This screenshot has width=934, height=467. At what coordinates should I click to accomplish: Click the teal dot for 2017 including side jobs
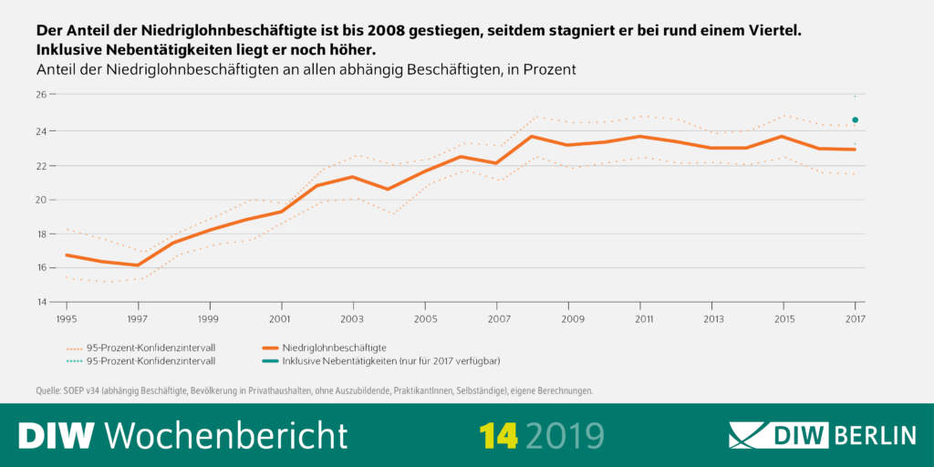click(855, 119)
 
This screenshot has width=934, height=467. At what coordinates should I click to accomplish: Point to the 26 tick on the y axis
click(41, 95)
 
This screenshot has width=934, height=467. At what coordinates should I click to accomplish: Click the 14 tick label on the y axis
click(41, 302)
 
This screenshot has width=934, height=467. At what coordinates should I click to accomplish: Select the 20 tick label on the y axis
click(41, 199)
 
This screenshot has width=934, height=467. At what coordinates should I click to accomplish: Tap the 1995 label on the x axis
click(67, 319)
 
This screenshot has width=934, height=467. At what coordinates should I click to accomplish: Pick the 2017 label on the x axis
click(855, 319)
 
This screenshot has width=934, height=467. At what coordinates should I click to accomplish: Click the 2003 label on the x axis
click(353, 319)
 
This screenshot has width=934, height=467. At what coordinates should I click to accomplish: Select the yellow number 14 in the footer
click(499, 435)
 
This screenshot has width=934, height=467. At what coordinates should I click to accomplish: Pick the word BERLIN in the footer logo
click(875, 435)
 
